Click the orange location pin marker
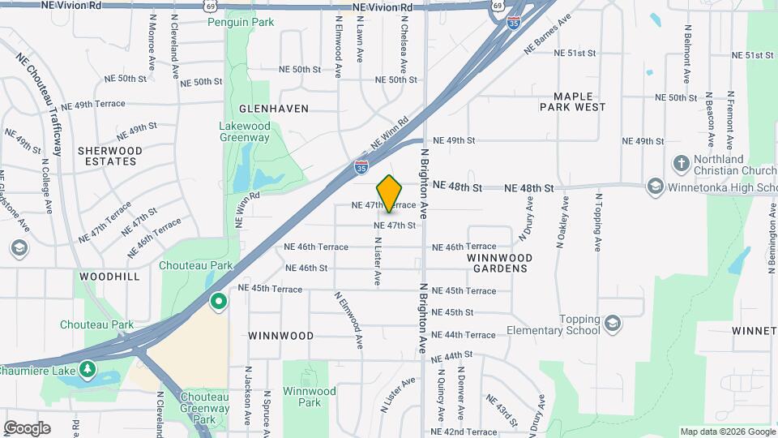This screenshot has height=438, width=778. click(x=390, y=193)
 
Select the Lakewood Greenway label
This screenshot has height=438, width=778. click(x=245, y=131)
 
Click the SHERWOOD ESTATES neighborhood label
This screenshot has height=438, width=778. click(x=109, y=156)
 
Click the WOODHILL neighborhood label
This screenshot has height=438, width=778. click(x=109, y=276)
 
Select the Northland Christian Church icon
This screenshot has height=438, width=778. click(x=681, y=165)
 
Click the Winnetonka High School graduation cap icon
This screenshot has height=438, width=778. click(x=655, y=187)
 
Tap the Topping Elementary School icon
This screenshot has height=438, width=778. click(x=612, y=324)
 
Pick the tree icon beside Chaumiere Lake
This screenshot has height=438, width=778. click(x=88, y=370)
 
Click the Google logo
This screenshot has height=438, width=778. click(x=27, y=428)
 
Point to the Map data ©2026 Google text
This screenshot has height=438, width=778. click(x=727, y=432)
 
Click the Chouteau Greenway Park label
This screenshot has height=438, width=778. click(x=204, y=408)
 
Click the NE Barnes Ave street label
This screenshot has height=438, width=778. click(x=548, y=33)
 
